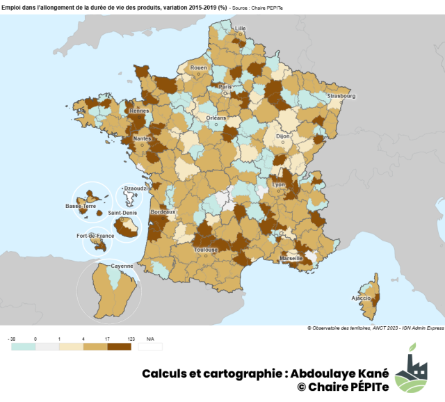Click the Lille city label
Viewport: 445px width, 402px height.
click(241, 29)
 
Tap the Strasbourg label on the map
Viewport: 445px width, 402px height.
click(341, 96)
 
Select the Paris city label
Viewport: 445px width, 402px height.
click(225, 87)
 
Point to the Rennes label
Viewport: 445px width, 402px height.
click(139, 111)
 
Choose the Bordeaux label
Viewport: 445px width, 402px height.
click(163, 211)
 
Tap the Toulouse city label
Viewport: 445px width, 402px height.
click(207, 249)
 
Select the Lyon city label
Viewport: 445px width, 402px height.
click(279, 184)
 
